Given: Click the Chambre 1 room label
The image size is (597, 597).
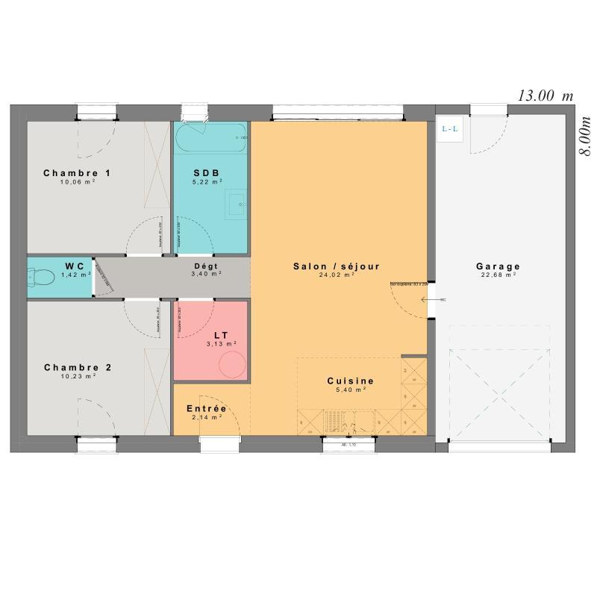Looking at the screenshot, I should click(77, 173).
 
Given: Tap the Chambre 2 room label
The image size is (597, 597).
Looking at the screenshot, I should click(78, 367).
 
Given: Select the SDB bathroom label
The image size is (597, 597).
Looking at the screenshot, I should click(207, 172).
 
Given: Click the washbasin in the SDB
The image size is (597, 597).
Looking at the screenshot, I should click(237, 201).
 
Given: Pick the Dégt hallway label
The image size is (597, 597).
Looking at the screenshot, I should click(206, 266).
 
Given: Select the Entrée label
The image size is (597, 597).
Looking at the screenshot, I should click(207, 408).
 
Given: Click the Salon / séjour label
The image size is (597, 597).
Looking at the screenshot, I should click(337, 266).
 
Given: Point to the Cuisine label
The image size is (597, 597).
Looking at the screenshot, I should click(350, 381).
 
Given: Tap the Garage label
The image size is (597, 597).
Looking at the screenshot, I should click(498, 266).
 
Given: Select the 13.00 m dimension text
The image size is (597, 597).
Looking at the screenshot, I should click(546, 95).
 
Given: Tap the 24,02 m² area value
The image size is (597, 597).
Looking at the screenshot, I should click(337, 275).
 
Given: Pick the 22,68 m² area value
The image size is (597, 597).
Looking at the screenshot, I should click(498, 275).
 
